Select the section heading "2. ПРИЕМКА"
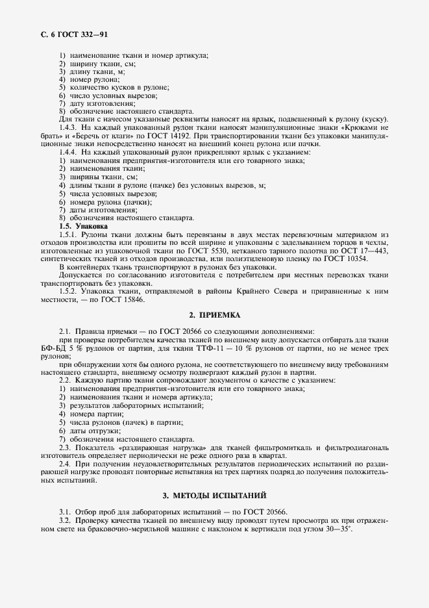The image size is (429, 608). [214, 315]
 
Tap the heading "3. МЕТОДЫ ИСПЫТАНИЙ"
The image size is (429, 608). [214, 496]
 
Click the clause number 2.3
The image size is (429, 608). [65, 448]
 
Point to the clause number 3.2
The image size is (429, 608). [65, 522]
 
